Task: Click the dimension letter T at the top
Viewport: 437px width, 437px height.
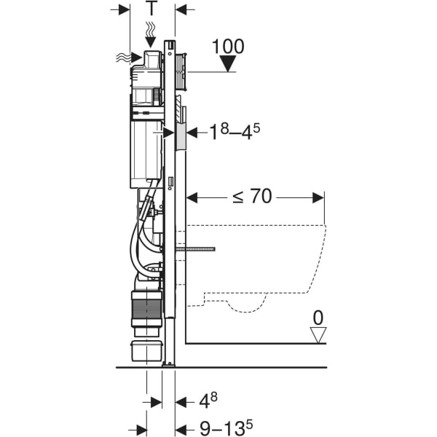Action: [152, 8]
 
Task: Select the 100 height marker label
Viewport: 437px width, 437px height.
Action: [228, 47]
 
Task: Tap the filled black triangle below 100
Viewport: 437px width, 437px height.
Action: [228, 63]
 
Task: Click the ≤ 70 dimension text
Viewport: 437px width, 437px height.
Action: [252, 196]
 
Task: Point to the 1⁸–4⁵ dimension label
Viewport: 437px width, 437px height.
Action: [235, 132]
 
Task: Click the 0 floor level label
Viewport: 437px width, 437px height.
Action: [318, 318]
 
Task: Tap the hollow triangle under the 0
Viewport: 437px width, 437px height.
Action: [318, 335]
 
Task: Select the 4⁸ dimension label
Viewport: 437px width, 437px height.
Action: [208, 401]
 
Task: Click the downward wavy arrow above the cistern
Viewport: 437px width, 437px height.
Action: [151, 34]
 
